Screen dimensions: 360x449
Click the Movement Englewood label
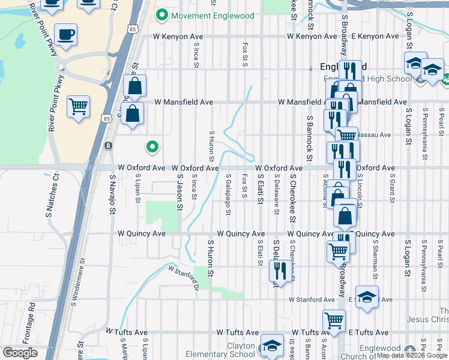[x=212, y=16]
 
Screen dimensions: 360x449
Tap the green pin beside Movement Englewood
[x=161, y=16]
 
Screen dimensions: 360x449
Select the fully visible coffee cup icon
[x=66, y=35]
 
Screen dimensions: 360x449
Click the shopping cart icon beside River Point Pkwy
[x=78, y=108]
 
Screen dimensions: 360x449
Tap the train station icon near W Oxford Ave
[x=108, y=146]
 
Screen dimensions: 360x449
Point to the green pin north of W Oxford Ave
[x=152, y=146]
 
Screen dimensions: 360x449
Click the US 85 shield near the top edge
[x=132, y=28]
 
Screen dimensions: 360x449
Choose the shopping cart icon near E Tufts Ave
[x=334, y=321]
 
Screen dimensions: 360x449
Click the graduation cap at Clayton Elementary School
[x=271, y=346]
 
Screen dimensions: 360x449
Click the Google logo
[x=20, y=353]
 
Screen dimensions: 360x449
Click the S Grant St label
[x=392, y=189]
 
